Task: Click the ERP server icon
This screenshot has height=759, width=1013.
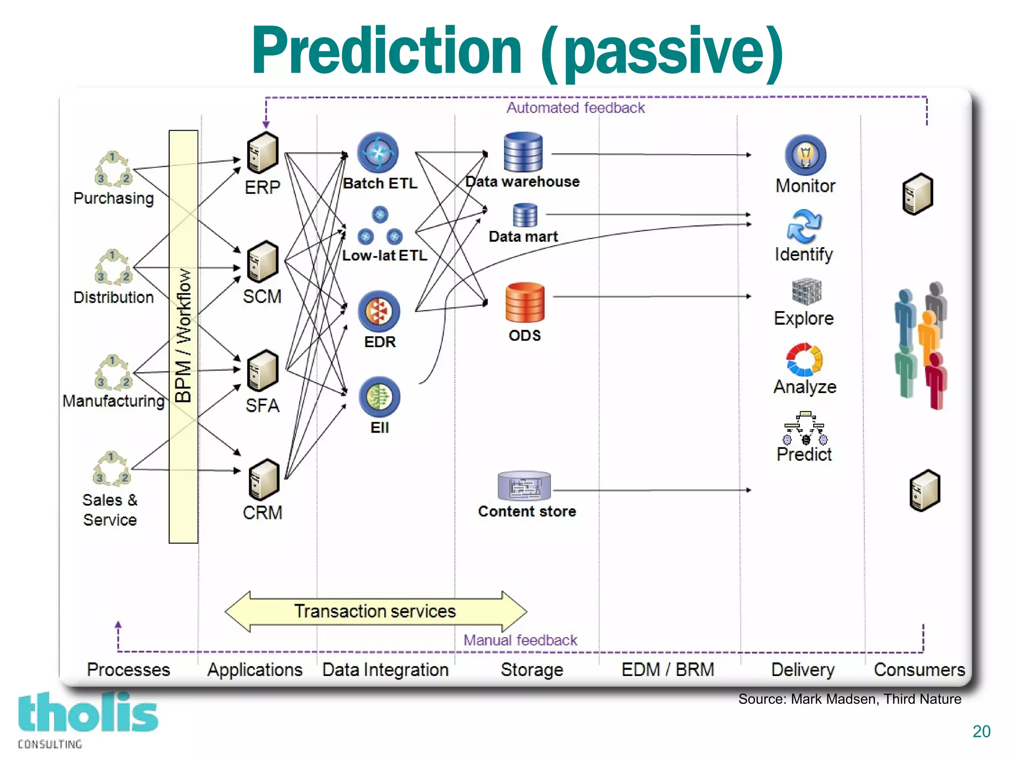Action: tap(263, 153)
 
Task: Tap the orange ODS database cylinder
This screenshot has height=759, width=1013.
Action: tap(525, 302)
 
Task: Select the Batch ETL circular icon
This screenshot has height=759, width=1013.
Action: tap(378, 152)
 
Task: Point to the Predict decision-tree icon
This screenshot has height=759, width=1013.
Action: tap(805, 428)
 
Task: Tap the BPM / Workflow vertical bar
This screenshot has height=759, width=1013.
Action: tap(184, 336)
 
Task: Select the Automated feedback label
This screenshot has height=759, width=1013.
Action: tap(575, 108)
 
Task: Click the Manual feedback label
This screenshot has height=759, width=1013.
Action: tap(520, 640)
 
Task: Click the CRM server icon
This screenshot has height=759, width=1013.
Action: tap(264, 480)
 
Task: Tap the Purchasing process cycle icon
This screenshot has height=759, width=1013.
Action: tap(113, 169)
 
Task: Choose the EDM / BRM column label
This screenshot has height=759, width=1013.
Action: tap(668, 670)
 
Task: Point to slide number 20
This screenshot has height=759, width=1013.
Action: tap(981, 731)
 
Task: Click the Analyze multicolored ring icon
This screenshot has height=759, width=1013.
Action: tap(804, 359)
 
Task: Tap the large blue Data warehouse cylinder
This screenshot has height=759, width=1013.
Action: tap(523, 152)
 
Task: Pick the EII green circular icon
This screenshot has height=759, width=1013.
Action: tap(379, 397)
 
